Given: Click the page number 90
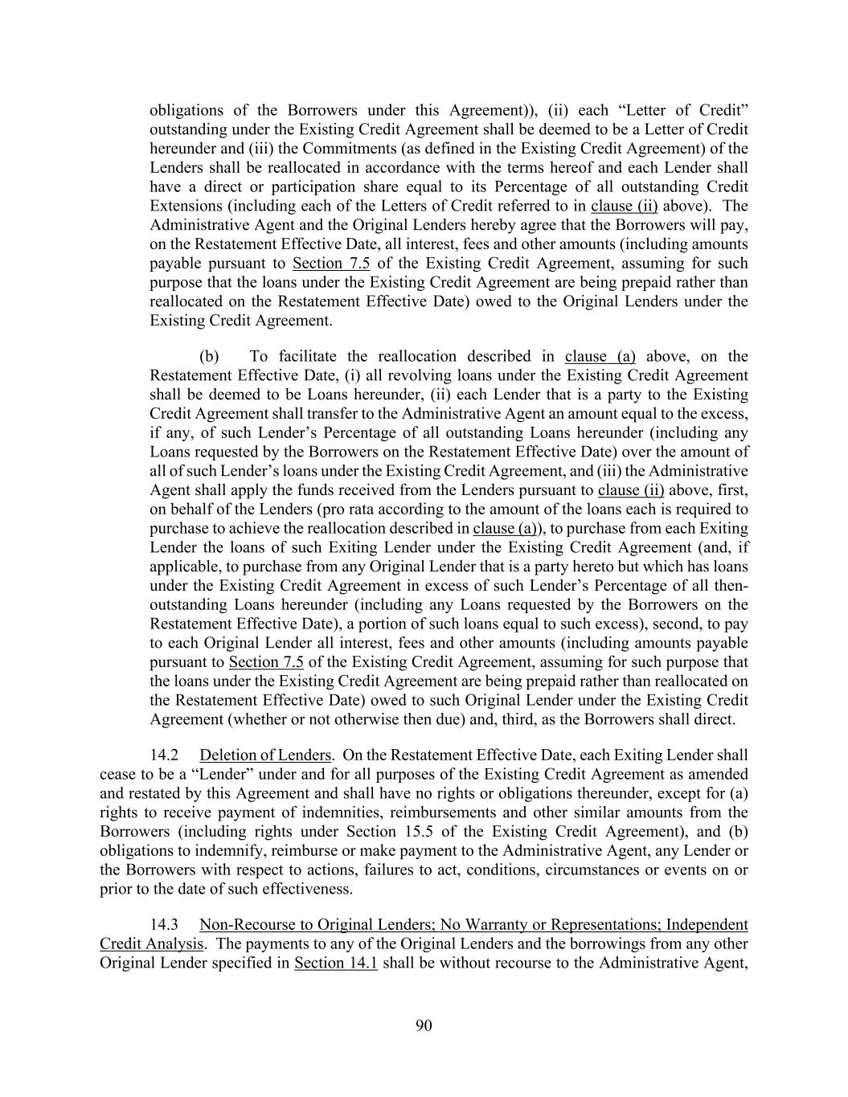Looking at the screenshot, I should click(424, 1025).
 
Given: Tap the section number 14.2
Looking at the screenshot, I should click(163, 755).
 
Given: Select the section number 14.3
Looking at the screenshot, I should click(163, 925).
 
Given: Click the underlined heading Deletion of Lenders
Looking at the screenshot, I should click(265, 755).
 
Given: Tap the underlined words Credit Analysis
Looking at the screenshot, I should click(151, 944).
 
